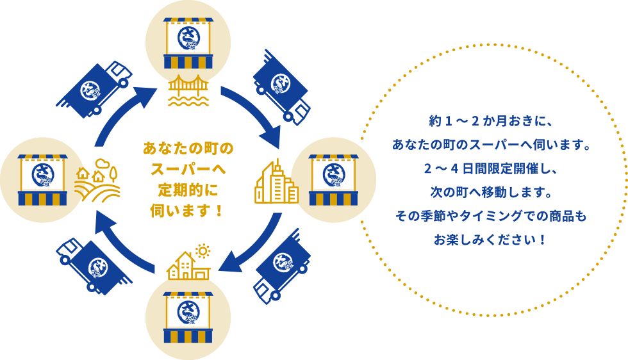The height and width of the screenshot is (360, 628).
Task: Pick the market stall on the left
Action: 43,179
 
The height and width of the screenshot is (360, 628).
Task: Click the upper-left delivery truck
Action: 94,90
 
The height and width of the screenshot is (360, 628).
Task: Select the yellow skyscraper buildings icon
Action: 276,183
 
